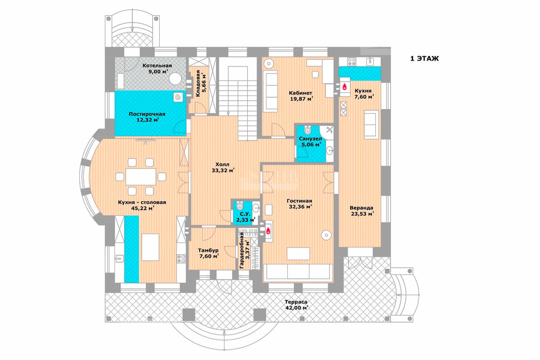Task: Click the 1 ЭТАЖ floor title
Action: click(x=424, y=58)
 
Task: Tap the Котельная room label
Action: click(x=157, y=65)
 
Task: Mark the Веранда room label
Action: click(x=361, y=208)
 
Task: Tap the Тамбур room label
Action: click(x=208, y=250)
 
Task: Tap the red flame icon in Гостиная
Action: click(x=268, y=231)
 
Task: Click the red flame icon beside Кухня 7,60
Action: click(x=345, y=86)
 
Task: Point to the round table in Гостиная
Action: click(x=326, y=235)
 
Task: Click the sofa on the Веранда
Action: click(x=370, y=124)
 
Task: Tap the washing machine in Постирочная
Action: click(x=178, y=97)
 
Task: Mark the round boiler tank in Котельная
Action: click(x=174, y=79)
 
